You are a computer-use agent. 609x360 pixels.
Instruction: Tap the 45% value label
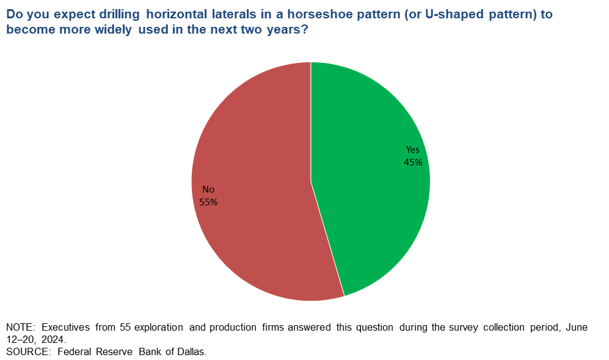(x=413, y=163)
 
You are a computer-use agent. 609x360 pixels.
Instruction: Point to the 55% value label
(x=208, y=202)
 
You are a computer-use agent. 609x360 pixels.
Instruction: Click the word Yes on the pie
(x=413, y=150)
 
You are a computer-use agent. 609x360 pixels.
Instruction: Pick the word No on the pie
(x=208, y=189)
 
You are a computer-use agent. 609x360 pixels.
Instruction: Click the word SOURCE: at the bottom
(x=28, y=352)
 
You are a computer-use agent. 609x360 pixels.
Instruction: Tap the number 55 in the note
(x=125, y=328)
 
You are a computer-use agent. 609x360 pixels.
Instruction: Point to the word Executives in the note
(x=65, y=328)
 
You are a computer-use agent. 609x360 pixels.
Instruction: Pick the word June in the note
(x=577, y=328)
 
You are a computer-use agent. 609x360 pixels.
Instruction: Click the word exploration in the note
(x=158, y=328)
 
